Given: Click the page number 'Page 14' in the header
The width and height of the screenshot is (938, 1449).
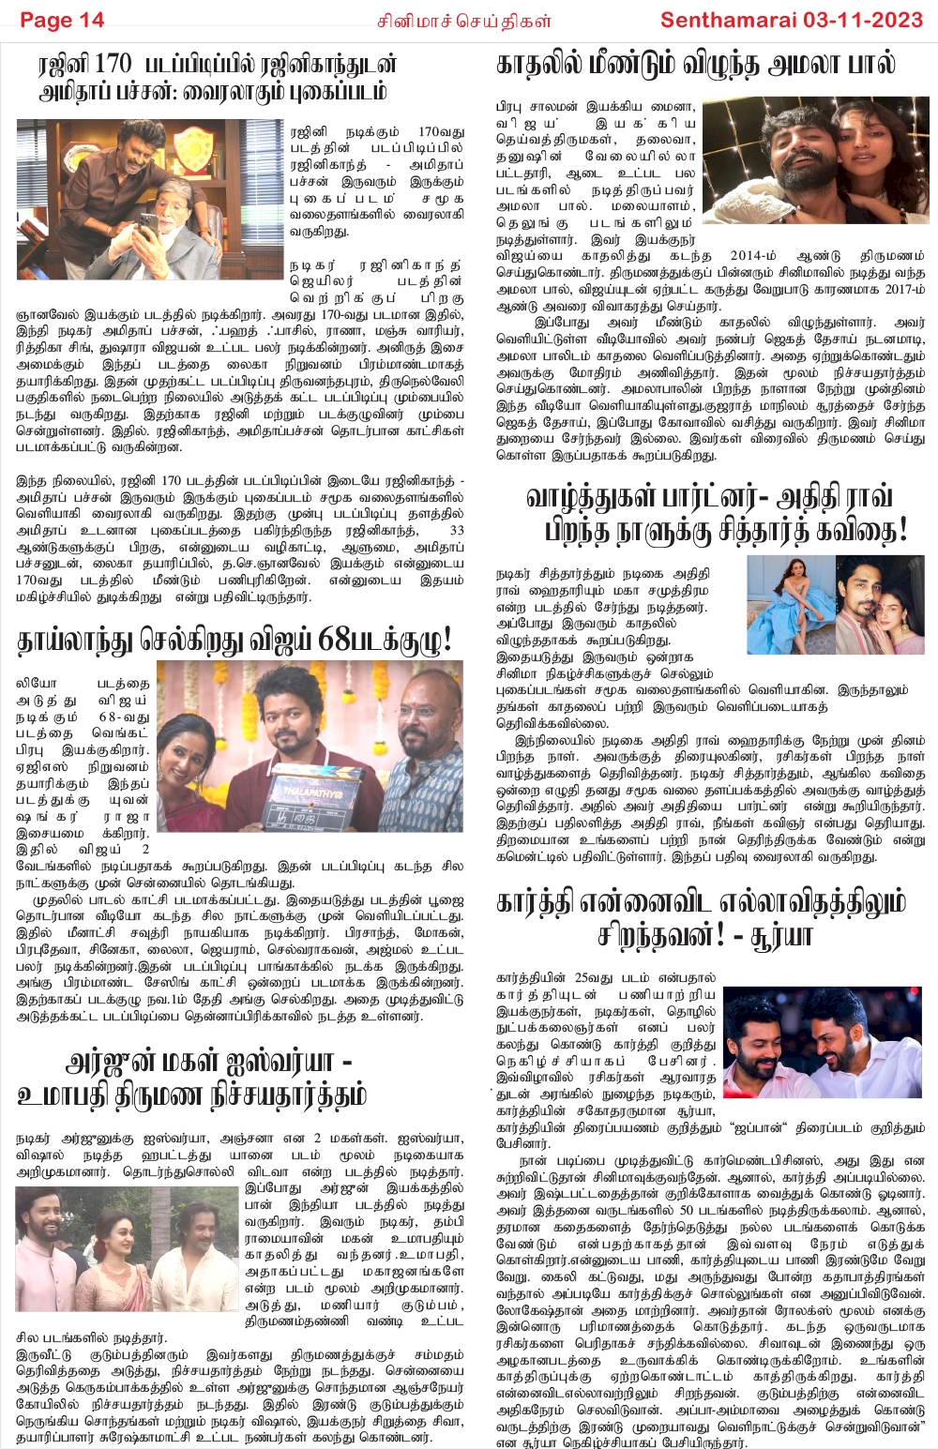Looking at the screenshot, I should coord(62,20).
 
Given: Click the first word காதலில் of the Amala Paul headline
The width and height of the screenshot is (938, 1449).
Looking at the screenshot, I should coord(538,64).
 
